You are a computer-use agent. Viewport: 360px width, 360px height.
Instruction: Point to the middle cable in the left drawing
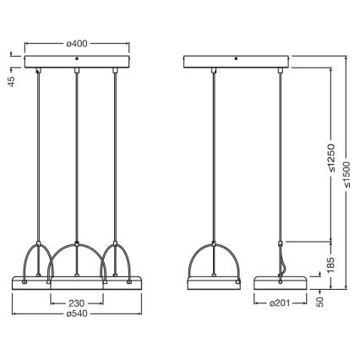coord(77,152)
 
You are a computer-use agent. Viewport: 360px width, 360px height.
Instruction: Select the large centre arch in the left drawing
coord(77,254)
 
